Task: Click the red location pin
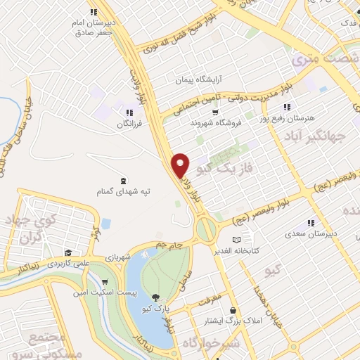point(181,165)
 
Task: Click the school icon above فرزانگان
point(129,112)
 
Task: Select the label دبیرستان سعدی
point(314,232)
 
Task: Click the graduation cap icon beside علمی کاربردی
point(68,253)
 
